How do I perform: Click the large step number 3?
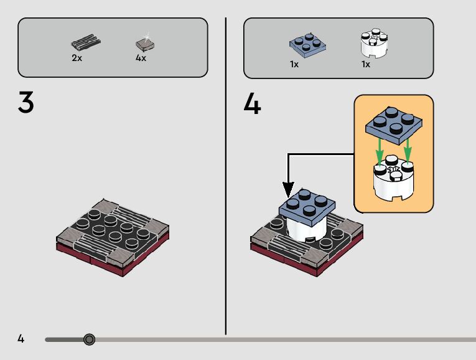pos(26,103)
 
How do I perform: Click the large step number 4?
pos(253,104)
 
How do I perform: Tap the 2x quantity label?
pos(77,58)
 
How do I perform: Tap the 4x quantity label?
pos(141,58)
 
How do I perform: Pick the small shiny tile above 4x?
pos(144,44)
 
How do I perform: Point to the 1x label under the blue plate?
pos(294,64)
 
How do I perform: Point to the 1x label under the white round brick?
pos(366,64)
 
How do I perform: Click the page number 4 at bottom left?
pos(21,339)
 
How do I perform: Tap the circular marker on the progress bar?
pos(89,339)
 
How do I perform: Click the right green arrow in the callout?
pos(408,151)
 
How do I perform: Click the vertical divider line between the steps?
pos(225,174)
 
